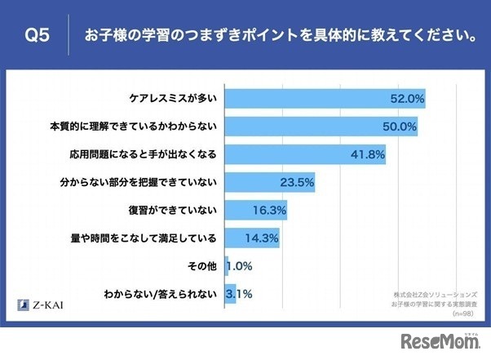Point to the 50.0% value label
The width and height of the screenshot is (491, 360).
point(399,127)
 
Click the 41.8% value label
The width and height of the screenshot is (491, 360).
point(367,154)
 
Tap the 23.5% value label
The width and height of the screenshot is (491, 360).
point(297,182)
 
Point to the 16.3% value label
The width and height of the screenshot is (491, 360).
point(268,210)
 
